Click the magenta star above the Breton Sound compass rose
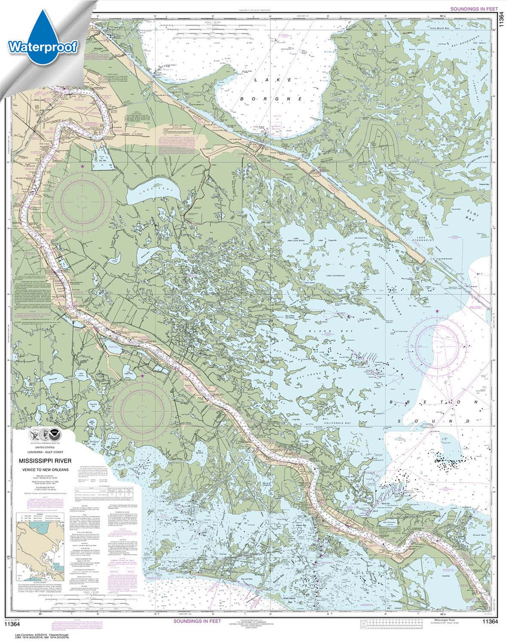(437, 311)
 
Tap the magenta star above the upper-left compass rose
(83, 166)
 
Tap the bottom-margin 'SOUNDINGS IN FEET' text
(197, 622)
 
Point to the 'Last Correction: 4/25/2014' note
(30, 631)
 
